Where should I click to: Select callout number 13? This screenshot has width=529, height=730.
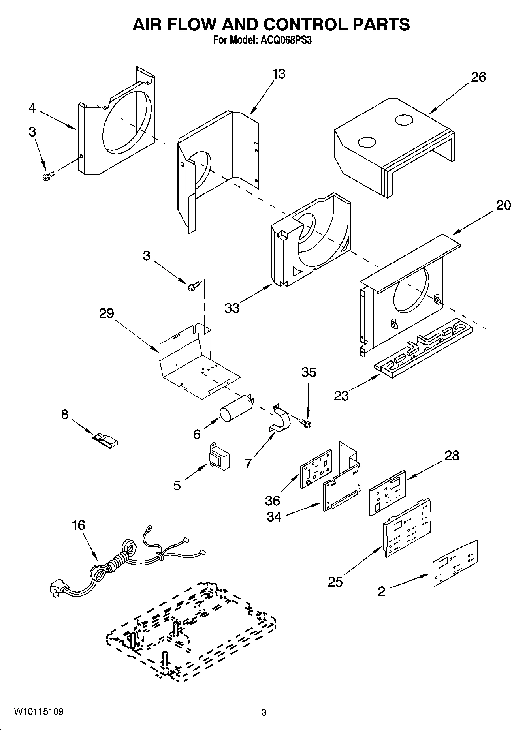click(279, 74)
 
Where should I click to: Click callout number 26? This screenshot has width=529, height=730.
click(478, 77)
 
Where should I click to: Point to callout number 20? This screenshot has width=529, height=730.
click(503, 205)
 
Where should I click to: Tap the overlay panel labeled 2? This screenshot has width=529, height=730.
click(454, 563)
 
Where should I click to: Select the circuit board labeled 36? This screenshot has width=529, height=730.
click(316, 469)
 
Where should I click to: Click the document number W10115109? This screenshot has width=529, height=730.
click(38, 712)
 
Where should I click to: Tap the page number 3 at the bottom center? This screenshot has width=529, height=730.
click(264, 713)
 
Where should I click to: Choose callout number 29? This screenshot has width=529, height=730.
click(107, 313)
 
